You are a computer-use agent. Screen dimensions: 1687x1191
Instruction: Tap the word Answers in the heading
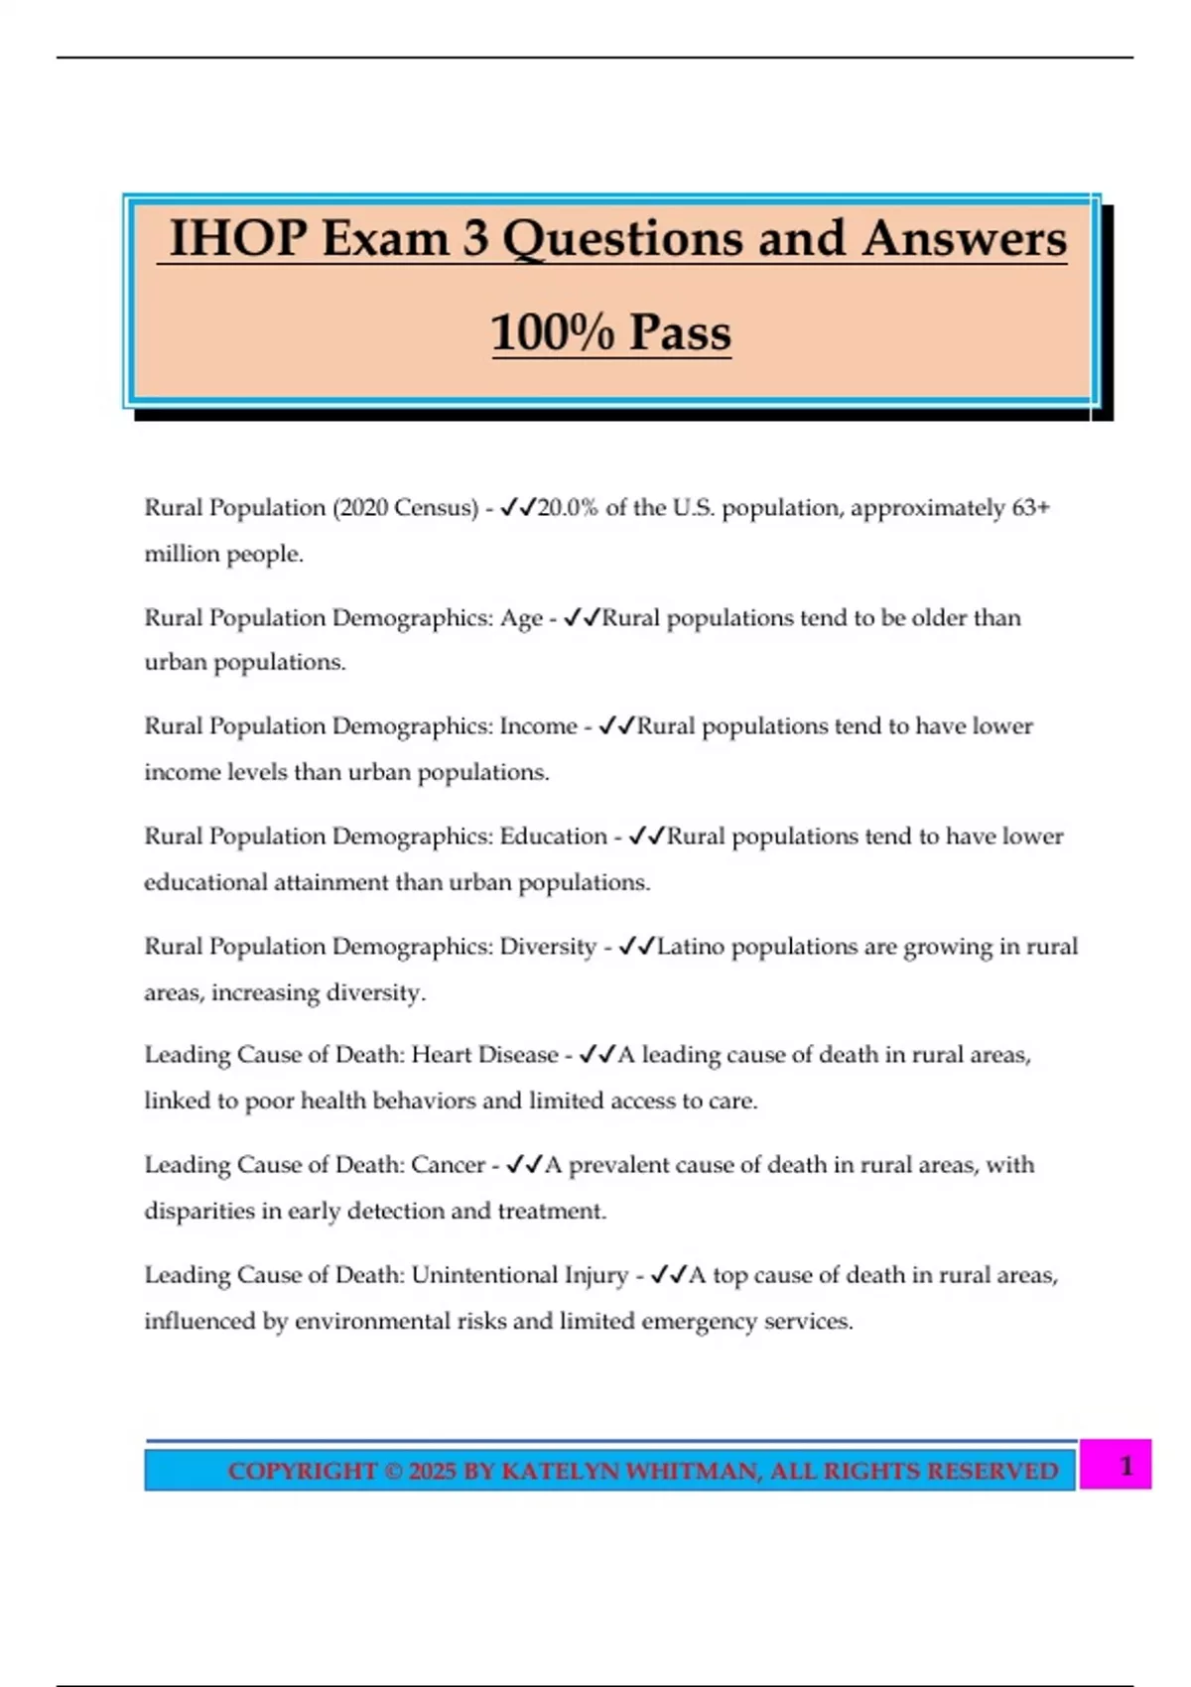click(964, 239)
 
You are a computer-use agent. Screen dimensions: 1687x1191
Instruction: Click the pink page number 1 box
click(1116, 1465)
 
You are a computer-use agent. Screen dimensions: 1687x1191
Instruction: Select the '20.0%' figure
click(568, 508)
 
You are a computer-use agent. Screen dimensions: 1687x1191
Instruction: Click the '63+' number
click(1030, 508)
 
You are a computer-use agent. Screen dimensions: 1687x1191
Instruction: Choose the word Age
click(521, 618)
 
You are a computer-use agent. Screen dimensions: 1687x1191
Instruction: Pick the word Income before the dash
click(538, 726)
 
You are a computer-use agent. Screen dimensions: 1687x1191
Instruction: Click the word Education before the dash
click(553, 837)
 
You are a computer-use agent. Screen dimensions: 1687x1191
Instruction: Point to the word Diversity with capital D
click(548, 947)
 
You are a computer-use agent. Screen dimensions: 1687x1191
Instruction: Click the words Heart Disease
click(484, 1055)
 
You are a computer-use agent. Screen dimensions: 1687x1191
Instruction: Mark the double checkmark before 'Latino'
click(636, 947)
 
